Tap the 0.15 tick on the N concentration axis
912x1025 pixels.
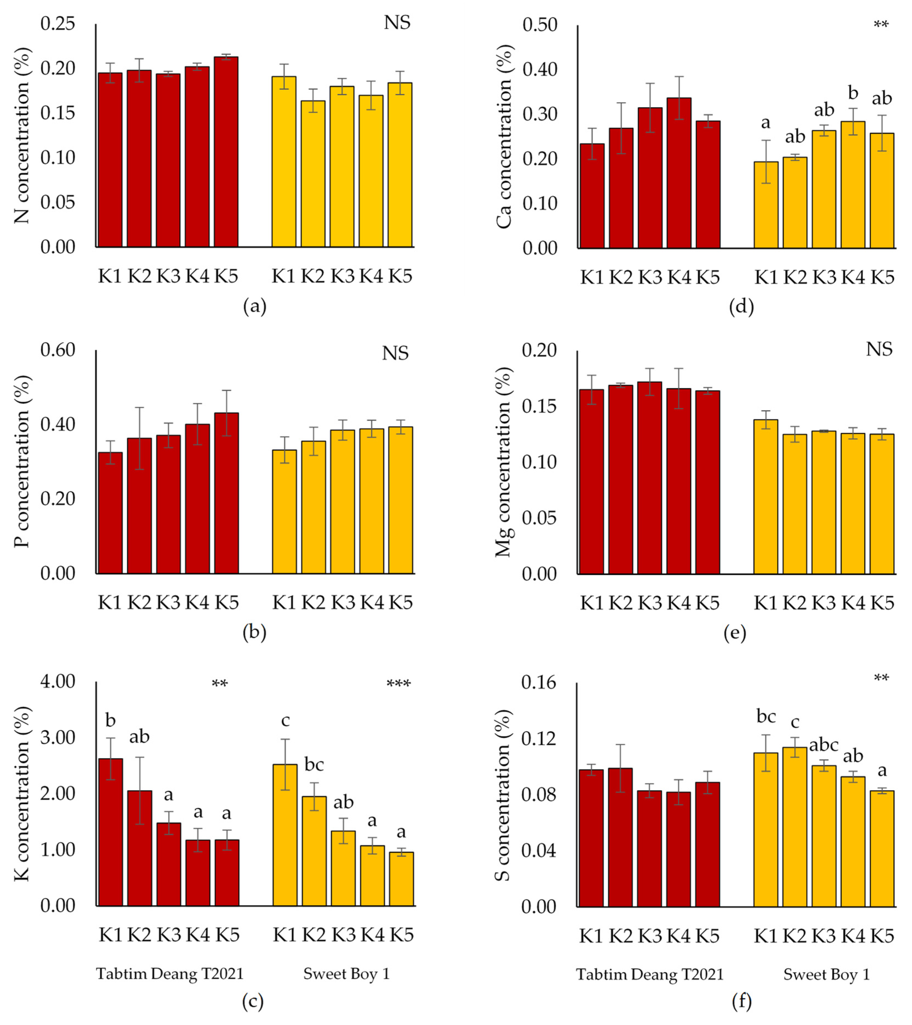coord(57,113)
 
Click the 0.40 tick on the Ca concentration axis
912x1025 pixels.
coord(540,69)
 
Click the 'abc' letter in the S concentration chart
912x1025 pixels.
coord(824,745)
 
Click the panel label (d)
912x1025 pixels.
coord(741,306)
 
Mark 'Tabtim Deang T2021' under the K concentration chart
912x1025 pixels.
coord(169,973)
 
